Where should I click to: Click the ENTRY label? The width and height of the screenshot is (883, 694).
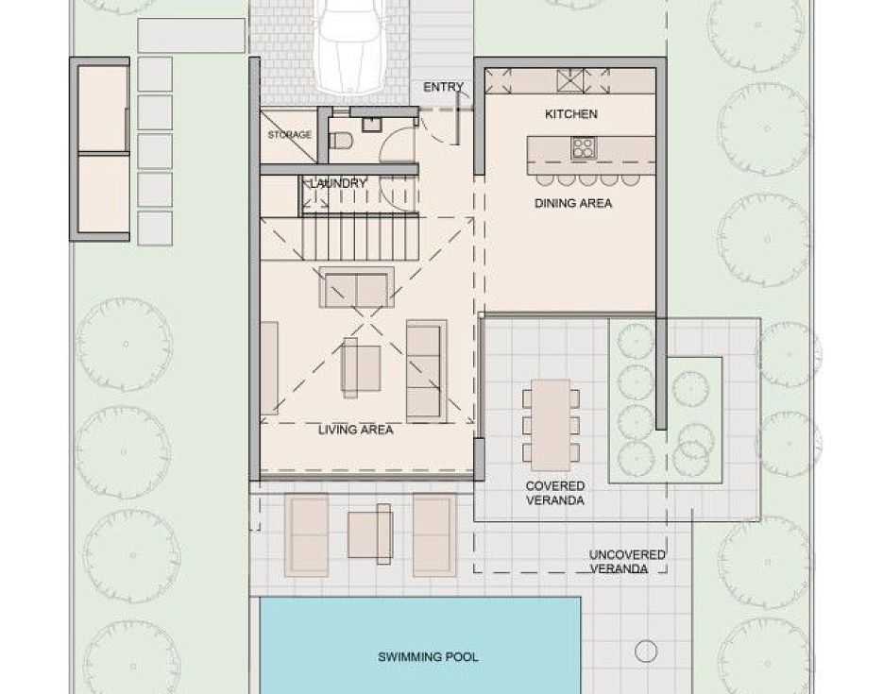[443, 87]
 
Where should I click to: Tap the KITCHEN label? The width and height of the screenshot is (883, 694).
[571, 114]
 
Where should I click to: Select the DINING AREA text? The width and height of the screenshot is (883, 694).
[572, 203]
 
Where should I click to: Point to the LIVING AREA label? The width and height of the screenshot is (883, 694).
[355, 430]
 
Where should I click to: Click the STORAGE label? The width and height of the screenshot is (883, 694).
[289, 135]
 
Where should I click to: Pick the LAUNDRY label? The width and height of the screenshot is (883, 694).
[338, 183]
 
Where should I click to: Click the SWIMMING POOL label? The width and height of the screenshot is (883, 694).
[428, 657]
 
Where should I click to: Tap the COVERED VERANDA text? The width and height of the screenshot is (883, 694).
[554, 493]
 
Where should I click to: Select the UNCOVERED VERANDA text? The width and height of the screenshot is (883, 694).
[627, 562]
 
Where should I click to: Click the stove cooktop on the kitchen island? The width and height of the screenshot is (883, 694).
[583, 148]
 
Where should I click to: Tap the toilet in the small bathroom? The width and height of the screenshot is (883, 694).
[340, 140]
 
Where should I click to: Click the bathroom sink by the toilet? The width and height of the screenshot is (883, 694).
[372, 124]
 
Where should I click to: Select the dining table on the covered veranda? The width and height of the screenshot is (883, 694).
[551, 425]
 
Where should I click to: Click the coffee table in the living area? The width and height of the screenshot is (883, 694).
[361, 367]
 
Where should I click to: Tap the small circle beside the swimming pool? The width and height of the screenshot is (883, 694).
[646, 652]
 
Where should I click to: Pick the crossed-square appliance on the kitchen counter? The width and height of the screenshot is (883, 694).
[570, 80]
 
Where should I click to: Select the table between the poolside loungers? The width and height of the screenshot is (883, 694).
[370, 534]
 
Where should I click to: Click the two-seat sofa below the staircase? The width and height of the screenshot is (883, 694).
[356, 288]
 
